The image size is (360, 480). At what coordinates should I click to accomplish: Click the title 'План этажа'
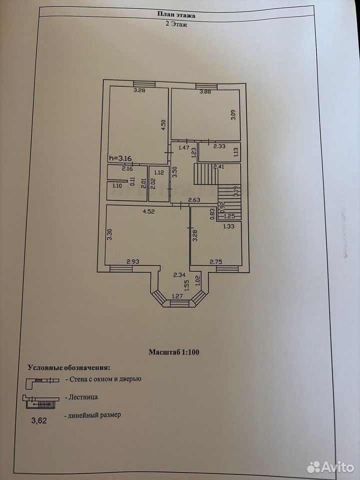click(176, 14)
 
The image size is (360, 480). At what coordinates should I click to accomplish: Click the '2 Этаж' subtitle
click(176, 24)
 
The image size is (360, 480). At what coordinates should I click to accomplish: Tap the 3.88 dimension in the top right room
click(205, 92)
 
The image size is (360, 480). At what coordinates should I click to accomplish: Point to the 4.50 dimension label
click(163, 125)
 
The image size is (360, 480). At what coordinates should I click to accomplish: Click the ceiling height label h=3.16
click(120, 158)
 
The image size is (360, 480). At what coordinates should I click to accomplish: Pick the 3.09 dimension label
click(233, 114)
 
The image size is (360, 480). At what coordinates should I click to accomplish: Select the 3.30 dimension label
click(109, 235)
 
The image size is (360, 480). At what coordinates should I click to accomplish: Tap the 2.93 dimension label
click(133, 261)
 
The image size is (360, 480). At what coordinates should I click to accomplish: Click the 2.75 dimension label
click(216, 261)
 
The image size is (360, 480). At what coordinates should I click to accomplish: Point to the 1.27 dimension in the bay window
click(177, 296)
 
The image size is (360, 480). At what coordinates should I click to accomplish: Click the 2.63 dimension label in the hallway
click(194, 200)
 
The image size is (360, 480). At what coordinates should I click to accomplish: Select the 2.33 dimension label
click(219, 146)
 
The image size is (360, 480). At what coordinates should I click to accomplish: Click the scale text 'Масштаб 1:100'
click(174, 352)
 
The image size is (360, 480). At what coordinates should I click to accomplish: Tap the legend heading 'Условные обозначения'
click(68, 367)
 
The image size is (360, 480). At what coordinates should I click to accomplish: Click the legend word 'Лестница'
click(83, 397)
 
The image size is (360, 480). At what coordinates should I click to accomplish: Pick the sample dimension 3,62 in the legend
click(39, 420)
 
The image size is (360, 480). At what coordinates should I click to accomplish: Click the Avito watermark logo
click(330, 467)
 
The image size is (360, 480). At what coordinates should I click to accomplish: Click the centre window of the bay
click(179, 303)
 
